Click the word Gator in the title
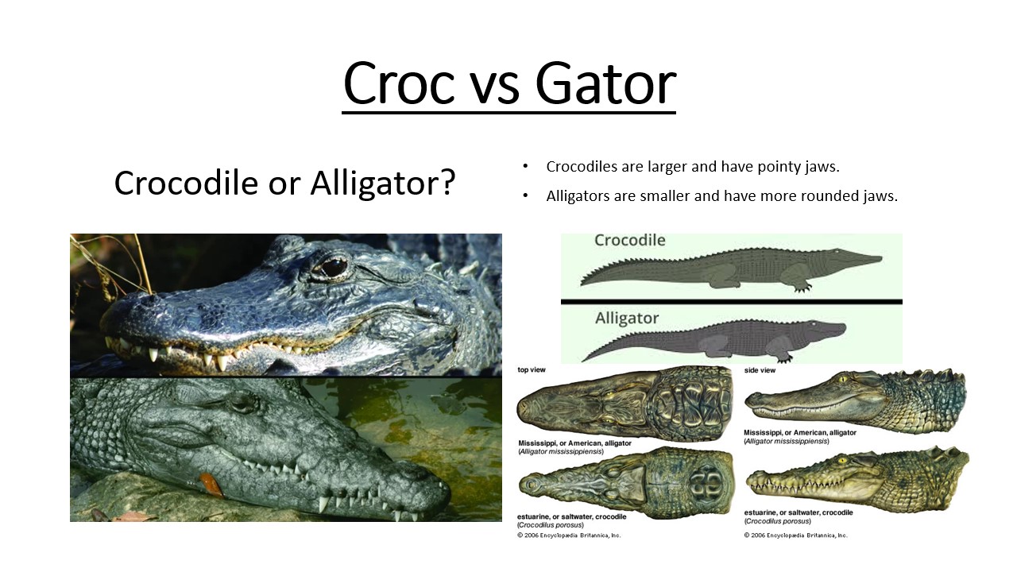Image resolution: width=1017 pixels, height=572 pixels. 605,84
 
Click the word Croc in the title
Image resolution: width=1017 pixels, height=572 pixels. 399,84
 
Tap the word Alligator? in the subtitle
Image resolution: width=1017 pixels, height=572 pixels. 383,183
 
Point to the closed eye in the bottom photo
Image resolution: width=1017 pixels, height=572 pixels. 246,402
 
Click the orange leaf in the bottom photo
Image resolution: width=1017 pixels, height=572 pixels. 211,484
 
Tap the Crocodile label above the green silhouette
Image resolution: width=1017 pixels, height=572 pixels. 630,240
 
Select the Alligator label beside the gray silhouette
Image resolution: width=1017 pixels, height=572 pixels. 627,319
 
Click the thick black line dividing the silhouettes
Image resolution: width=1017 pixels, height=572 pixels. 732,301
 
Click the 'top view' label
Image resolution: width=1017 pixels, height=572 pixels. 532,370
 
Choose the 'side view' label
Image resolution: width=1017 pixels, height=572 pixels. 760,370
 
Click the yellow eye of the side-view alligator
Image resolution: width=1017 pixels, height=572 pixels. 843,379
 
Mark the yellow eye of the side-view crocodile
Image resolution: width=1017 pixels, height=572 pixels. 842,461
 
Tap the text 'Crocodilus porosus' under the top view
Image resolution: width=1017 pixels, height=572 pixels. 551,525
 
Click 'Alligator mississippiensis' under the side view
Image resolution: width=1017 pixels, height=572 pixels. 787,441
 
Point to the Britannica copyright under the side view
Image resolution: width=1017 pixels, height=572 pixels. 795,535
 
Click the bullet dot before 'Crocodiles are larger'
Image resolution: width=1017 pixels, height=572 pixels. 525,166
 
